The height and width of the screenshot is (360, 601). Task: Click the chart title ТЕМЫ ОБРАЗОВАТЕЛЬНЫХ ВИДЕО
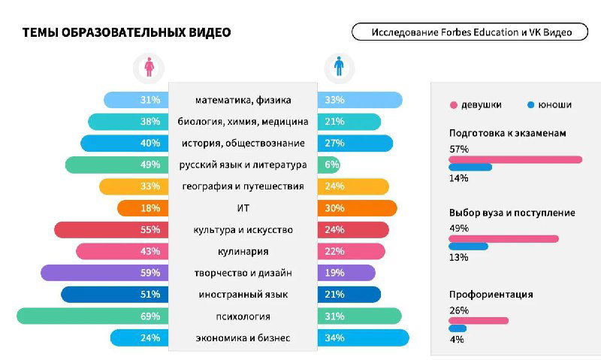point(126,32)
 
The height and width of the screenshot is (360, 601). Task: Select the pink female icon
point(149,68)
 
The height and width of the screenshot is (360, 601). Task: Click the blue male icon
point(340,68)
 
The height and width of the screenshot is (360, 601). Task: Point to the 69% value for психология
point(150,316)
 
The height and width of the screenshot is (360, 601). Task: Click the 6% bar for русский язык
point(329,165)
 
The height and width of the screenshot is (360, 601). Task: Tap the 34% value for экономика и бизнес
point(335,338)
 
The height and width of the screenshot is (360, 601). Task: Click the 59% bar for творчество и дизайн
point(105,273)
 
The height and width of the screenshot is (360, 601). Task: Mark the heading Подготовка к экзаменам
point(507,133)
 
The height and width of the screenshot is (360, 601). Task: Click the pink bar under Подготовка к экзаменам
point(515,159)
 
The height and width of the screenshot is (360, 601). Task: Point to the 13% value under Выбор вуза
point(458,257)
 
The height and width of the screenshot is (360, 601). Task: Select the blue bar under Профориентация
point(458,328)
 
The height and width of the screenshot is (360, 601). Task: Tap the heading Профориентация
point(491,295)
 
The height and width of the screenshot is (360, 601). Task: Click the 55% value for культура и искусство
point(150,229)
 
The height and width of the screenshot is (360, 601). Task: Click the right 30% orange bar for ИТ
point(358,208)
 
